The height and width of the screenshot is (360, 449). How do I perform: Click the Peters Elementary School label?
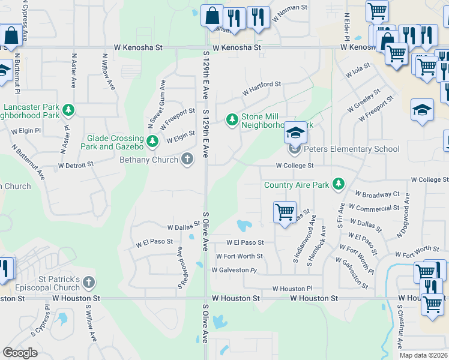pyautogui.click(x=351, y=149)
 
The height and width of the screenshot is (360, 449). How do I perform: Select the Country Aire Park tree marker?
pyautogui.click(x=339, y=184)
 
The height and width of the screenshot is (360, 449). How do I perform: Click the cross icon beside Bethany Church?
pyautogui.click(x=187, y=159)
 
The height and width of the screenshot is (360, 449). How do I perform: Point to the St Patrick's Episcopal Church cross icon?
pyautogui.click(x=89, y=282)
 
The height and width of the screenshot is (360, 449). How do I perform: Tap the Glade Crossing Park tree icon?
pyautogui.click(x=152, y=142)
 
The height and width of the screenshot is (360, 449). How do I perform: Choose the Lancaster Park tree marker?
pyautogui.click(x=69, y=110)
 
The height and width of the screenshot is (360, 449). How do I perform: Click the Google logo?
pyautogui.click(x=20, y=353)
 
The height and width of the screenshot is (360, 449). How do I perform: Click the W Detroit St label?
pyautogui.click(x=76, y=164)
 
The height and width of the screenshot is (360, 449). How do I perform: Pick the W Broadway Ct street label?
pyautogui.click(x=377, y=194)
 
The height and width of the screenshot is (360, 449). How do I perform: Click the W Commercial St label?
pyautogui.click(x=373, y=208)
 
